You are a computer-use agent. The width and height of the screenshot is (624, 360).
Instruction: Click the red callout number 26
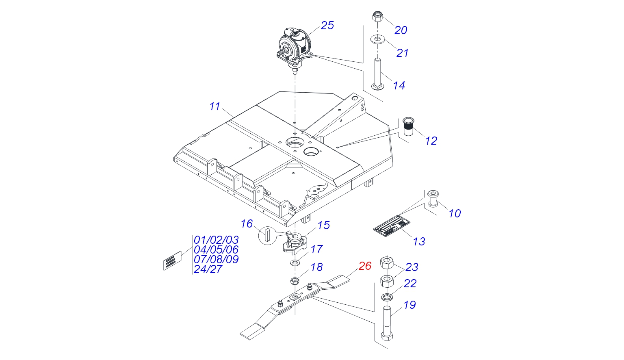click(365, 266)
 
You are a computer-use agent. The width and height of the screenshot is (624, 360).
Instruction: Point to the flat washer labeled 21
click(378, 40)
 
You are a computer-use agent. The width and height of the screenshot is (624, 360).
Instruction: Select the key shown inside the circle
click(266, 235)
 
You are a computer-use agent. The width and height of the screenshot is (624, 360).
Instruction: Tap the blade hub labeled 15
click(294, 244)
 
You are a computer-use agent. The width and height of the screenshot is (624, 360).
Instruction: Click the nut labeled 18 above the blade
click(295, 280)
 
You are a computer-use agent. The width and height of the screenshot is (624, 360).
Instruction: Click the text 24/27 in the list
click(208, 269)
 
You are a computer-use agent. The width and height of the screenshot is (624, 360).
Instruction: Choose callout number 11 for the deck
click(214, 106)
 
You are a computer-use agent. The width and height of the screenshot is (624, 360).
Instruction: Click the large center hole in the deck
click(295, 143)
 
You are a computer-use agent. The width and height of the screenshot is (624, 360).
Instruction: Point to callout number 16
click(247, 224)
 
